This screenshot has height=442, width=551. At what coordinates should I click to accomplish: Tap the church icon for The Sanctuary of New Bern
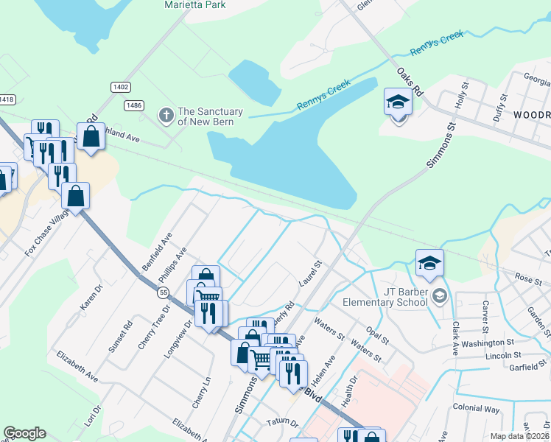(x=165, y=115)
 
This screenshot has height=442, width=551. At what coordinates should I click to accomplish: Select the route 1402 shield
(x=121, y=87)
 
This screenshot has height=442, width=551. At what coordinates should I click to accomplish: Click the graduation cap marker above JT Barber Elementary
(x=430, y=262)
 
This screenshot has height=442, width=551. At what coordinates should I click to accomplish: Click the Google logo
(x=24, y=433)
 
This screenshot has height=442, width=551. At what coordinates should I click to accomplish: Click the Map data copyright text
(x=519, y=436)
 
